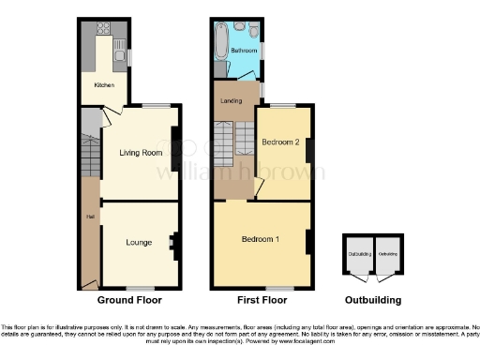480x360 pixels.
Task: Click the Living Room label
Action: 140,153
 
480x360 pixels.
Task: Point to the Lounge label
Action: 140,243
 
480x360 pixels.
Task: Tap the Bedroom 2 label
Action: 280,143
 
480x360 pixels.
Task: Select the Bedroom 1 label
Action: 261,239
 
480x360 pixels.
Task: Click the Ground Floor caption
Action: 129,301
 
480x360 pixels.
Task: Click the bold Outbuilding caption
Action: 373,301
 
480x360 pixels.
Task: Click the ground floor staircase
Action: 90,150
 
